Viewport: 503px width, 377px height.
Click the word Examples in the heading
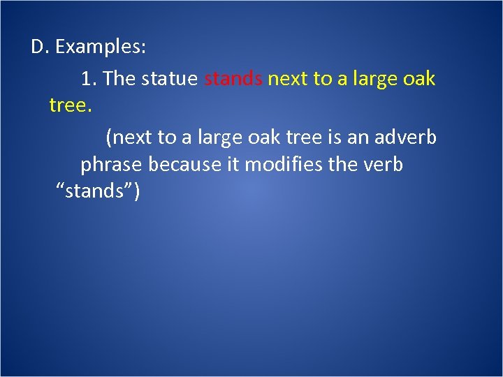pyautogui.click(x=101, y=47)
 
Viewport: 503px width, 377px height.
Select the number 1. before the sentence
pyautogui.click(x=89, y=79)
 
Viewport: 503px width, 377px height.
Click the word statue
pyautogui.click(x=170, y=79)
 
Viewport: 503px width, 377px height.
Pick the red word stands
pyautogui.click(x=233, y=79)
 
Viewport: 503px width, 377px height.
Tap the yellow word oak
pyautogui.click(x=419, y=79)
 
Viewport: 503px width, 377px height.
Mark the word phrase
pyautogui.click(x=110, y=165)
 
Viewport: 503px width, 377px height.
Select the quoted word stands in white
pyautogui.click(x=98, y=192)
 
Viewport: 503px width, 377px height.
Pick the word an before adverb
pyautogui.click(x=356, y=138)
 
